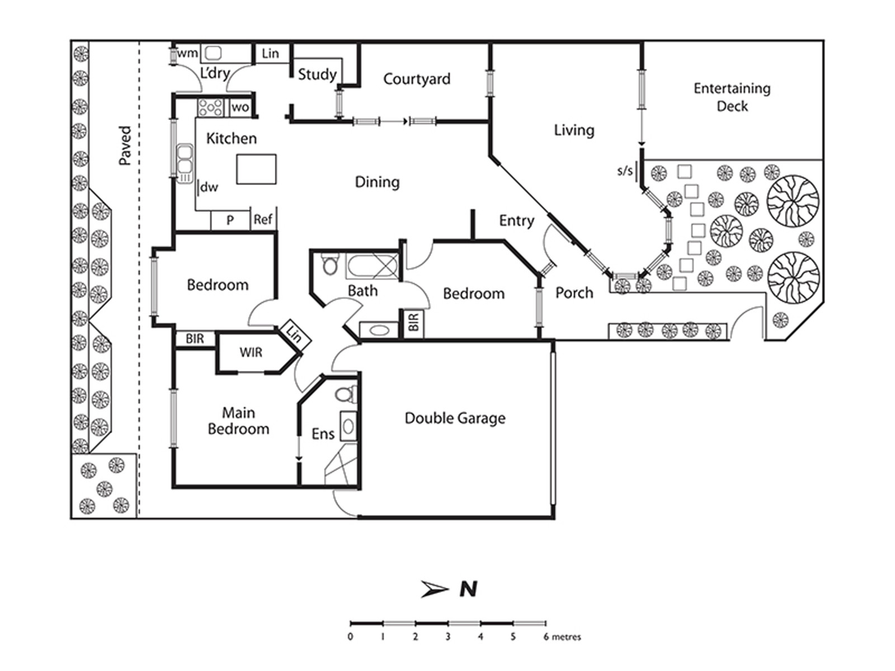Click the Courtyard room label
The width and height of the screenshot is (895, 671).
coord(417,79)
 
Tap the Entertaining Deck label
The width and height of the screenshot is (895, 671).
coord(732,97)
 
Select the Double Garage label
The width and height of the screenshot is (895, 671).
coord(455,418)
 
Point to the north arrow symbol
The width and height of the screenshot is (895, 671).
coord(435,589)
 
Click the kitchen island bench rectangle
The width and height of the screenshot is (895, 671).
coord(256,169)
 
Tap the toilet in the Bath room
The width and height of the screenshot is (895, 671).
coord(330,264)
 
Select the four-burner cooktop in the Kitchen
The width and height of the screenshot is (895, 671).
coord(210,107)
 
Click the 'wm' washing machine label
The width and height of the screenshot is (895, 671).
coord(187,53)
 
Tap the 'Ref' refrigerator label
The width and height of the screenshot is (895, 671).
coord(263,220)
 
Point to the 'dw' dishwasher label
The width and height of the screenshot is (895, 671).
coord(209,187)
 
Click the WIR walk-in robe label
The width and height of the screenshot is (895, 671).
coord(251,353)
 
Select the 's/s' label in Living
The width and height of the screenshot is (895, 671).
coord(625,171)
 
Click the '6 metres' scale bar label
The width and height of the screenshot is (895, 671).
coord(562,637)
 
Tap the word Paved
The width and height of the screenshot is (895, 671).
coord(125,145)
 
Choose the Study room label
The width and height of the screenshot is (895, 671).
coord(317,74)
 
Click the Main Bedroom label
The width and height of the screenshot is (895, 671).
coord(238,420)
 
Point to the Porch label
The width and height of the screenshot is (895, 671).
coord(574,293)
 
